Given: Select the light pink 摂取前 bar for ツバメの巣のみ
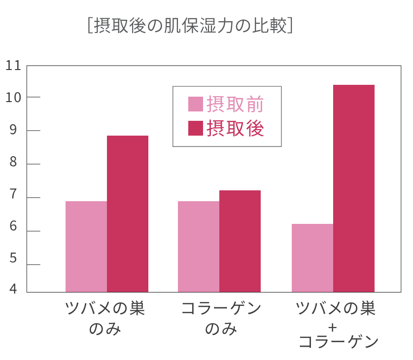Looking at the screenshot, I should pos(86,246).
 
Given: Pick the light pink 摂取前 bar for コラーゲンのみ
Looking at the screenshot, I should pos(199,246).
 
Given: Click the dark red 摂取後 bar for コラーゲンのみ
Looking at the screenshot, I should pos(240,241).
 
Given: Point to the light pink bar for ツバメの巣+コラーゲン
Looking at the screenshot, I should pos(312,257).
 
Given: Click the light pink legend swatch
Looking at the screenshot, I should pos(196,104).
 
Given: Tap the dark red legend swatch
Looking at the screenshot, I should pos(196,128).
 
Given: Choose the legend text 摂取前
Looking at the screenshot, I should pos(235,104).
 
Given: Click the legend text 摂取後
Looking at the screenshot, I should pos(235,128).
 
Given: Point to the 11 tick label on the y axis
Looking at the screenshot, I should pos(13,65).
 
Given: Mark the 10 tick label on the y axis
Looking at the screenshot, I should pos(13,97).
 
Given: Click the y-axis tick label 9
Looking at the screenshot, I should pos(13,131).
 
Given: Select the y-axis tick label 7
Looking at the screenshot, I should pos(13,198).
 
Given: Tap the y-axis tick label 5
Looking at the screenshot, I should pos(13,265).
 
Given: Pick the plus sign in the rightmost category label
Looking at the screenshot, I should pos(333,326).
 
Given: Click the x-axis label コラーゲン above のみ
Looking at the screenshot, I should pos(220,309).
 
